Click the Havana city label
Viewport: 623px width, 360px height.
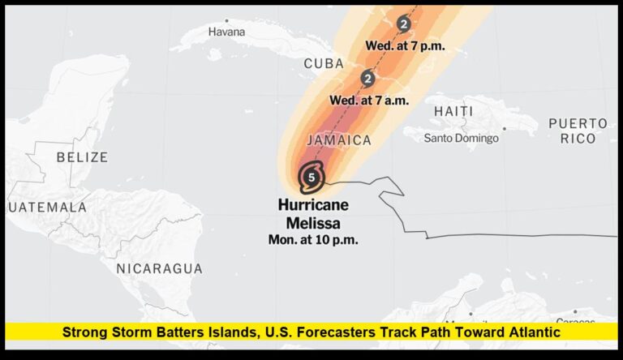226,32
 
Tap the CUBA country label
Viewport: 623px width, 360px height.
324,63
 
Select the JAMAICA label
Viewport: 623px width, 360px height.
339,140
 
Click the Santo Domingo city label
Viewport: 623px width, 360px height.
461,138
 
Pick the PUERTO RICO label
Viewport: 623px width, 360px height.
578,131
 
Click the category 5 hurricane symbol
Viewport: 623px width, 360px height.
311,176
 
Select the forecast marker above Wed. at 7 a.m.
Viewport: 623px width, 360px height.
367,79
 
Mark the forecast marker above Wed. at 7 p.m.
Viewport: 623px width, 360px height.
404,24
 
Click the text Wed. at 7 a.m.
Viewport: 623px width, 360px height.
368,100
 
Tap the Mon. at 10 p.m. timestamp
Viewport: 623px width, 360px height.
312,240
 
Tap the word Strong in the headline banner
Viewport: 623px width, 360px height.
88,332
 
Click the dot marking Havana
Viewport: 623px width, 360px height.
226,20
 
